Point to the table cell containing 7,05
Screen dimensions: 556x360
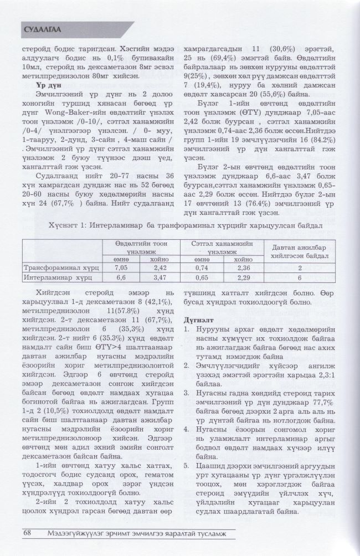pyautogui.click(x=120, y=267)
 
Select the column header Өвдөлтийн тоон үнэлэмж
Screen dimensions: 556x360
pyautogui.click(x=139, y=247)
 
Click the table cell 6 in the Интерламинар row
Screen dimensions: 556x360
pyautogui.click(x=300, y=276)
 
